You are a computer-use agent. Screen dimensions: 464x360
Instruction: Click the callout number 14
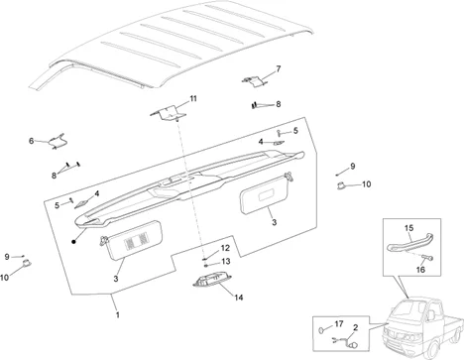click(239, 298)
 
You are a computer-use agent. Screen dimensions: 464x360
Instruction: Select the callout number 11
click(193, 98)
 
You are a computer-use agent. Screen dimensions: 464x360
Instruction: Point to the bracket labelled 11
click(168, 113)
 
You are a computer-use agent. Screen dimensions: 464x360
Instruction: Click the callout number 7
click(279, 68)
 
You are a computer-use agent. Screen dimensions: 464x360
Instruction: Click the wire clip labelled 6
click(57, 142)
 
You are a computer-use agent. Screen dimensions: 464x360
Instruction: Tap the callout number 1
click(117, 314)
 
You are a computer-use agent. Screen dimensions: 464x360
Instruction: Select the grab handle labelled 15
click(410, 243)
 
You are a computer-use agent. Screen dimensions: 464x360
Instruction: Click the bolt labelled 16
click(428, 257)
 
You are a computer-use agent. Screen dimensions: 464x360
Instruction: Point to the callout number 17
click(339, 324)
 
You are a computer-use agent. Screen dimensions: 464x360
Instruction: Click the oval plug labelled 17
click(321, 330)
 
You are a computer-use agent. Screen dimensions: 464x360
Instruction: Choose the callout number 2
click(355, 327)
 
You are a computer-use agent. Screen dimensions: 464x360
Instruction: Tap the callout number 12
click(225, 248)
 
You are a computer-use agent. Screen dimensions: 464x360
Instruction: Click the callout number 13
click(226, 262)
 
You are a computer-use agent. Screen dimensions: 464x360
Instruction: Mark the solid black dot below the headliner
click(73, 242)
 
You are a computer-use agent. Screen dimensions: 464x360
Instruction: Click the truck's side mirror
click(431, 315)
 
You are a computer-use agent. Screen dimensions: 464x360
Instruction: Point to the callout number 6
click(31, 141)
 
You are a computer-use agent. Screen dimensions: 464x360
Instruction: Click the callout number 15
click(408, 228)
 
